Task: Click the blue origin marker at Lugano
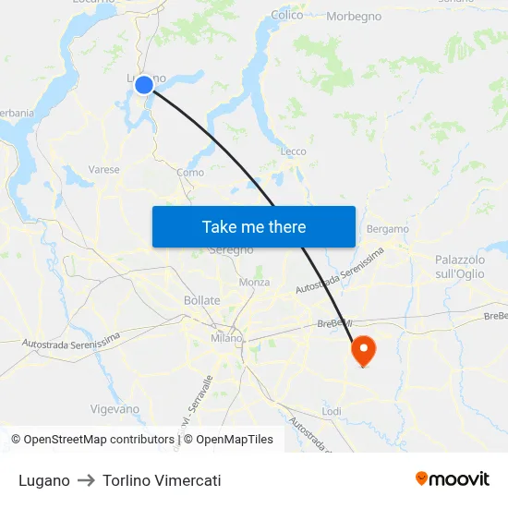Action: click(x=144, y=85)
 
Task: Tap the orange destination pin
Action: click(x=363, y=349)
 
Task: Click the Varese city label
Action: click(x=104, y=170)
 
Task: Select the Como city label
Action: click(x=190, y=173)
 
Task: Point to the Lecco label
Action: click(x=293, y=151)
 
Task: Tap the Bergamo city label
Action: click(x=387, y=228)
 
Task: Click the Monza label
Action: click(x=254, y=282)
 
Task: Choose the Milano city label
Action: click(x=226, y=338)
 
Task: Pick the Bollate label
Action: click(x=202, y=300)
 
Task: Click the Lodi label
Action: click(x=332, y=411)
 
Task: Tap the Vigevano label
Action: click(x=115, y=409)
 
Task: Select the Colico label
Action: click(x=287, y=16)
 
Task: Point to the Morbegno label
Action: click(x=354, y=18)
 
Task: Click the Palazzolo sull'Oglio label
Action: click(x=460, y=267)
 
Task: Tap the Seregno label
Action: click(x=231, y=250)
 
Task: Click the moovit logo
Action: click(x=453, y=479)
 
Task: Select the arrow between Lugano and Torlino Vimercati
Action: click(x=86, y=480)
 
